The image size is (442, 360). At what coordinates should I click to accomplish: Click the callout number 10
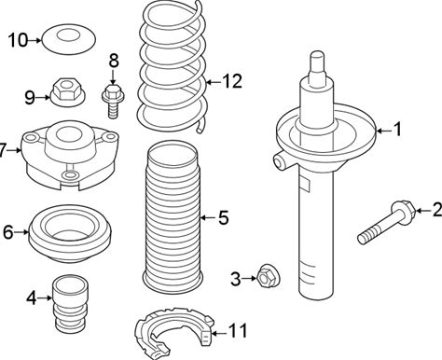click(18, 40)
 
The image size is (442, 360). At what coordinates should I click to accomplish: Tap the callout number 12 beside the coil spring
click(231, 81)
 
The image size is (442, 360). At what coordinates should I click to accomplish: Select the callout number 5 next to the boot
click(223, 217)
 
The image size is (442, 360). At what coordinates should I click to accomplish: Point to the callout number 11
click(238, 330)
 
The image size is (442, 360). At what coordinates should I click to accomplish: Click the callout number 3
click(235, 279)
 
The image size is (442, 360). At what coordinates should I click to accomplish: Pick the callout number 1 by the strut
click(397, 130)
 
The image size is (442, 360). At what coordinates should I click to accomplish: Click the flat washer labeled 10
click(68, 39)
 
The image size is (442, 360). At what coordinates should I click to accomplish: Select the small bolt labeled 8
click(113, 101)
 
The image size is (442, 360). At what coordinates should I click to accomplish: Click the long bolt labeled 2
click(386, 222)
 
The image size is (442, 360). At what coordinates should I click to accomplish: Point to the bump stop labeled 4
click(70, 304)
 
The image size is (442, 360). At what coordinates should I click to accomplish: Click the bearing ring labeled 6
click(70, 234)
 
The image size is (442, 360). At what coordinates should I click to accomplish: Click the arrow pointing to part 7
click(14, 151)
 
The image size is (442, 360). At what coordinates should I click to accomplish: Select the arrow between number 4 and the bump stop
click(45, 298)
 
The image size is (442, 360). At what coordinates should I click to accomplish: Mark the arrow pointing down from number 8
click(113, 76)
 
